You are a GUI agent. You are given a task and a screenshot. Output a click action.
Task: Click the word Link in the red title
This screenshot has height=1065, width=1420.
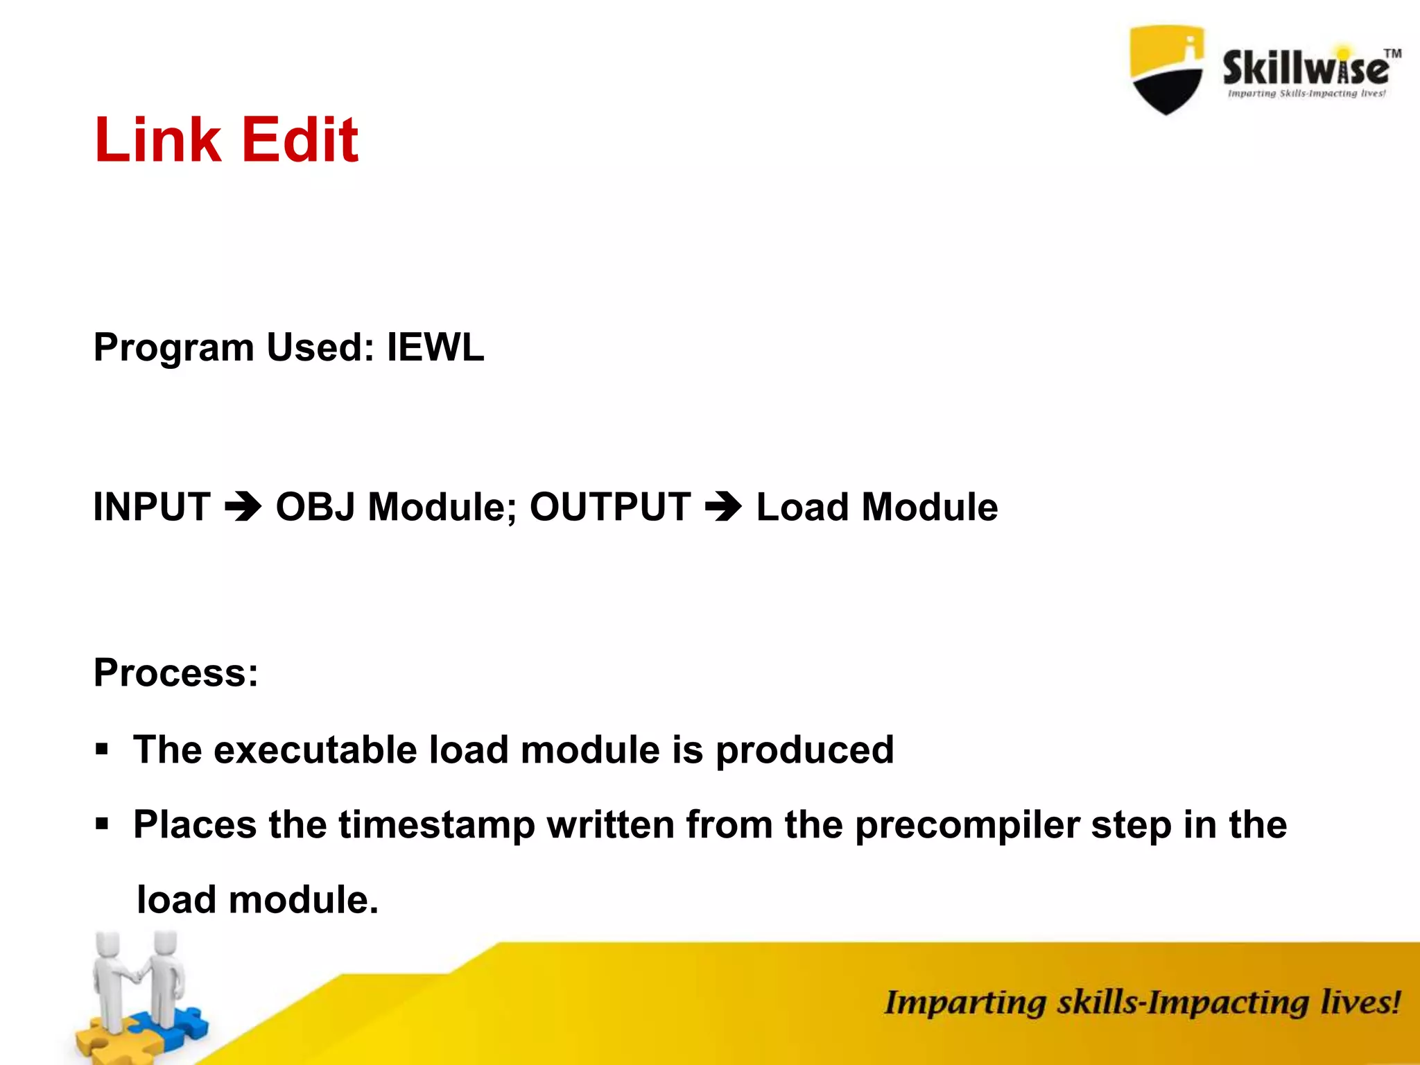point(157,140)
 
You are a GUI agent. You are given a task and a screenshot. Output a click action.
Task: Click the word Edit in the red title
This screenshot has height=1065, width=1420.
point(300,140)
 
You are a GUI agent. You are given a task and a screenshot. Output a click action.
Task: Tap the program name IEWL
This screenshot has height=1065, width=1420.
point(435,347)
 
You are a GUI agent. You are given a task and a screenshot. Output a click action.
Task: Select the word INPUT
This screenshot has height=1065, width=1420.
point(152,507)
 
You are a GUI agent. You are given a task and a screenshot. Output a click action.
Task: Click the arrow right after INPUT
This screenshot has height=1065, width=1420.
point(243,507)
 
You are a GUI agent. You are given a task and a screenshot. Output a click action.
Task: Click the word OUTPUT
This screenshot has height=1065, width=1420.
point(610,507)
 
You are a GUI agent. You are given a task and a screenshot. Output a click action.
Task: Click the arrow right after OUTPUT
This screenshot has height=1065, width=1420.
point(723,507)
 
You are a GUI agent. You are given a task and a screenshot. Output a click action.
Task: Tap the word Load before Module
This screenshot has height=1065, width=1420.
point(803,507)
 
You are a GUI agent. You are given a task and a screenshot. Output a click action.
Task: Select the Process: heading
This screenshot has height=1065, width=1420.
point(176,673)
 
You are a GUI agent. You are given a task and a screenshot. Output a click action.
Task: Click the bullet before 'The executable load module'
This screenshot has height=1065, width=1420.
point(103,750)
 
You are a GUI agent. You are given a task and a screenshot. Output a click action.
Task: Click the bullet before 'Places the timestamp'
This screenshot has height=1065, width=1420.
point(103,824)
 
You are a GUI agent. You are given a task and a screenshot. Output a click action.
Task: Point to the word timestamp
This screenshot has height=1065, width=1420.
point(437,825)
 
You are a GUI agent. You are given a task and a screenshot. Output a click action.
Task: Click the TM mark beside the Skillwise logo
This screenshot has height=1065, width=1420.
point(1392,53)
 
